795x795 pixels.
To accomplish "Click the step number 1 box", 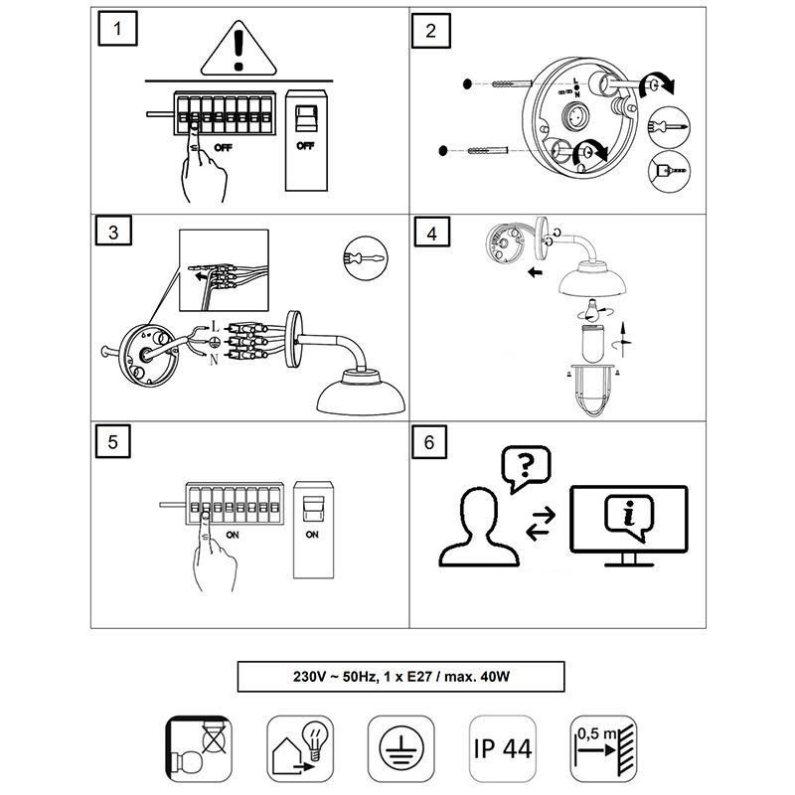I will [x=118, y=29].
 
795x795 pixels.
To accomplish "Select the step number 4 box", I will [x=429, y=236].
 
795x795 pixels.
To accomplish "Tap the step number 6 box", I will [x=429, y=442].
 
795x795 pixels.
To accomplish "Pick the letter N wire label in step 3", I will [x=214, y=359].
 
